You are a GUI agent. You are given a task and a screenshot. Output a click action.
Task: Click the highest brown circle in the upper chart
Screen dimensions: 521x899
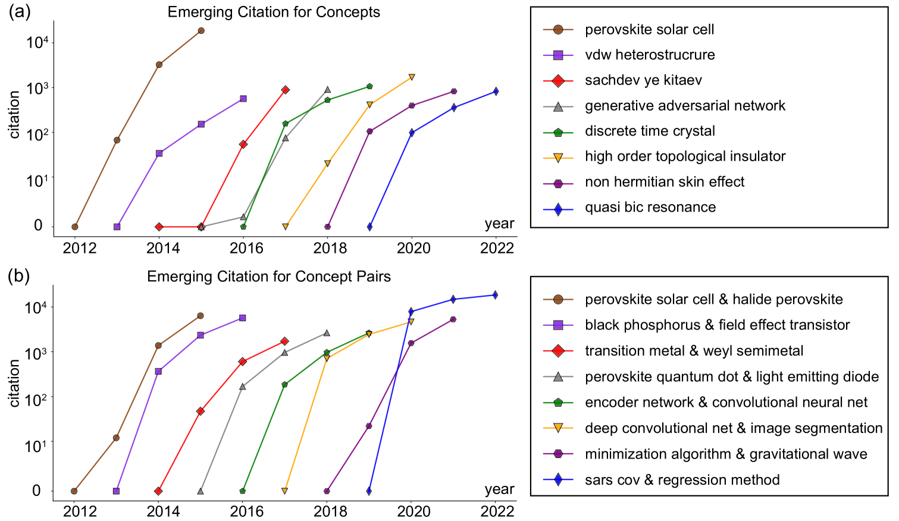point(201,30)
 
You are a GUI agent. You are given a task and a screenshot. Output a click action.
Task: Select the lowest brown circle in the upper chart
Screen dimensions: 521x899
point(75,227)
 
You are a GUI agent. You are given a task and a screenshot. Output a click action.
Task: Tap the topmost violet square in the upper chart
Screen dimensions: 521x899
point(243,99)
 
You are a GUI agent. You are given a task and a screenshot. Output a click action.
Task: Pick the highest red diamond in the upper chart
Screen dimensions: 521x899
point(286,90)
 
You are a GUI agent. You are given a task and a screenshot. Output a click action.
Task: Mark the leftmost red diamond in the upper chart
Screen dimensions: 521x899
point(159,227)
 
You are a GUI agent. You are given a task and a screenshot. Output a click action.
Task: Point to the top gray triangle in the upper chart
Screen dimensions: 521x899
point(327,90)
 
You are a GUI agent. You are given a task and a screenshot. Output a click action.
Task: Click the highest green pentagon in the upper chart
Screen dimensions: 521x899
point(369,86)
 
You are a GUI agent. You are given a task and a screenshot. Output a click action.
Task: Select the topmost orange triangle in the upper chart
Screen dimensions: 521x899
point(412,77)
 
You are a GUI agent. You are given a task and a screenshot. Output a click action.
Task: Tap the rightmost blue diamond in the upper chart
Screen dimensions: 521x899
point(496,92)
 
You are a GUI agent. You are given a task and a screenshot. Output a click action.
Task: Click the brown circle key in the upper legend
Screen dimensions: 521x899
point(558,30)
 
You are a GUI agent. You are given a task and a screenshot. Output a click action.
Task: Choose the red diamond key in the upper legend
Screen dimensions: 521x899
point(558,81)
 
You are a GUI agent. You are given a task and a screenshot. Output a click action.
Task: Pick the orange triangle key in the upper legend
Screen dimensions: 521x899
point(558,158)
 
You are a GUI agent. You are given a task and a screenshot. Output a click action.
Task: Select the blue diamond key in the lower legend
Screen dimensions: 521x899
point(558,479)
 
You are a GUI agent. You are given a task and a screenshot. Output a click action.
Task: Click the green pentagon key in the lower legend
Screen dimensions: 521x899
point(558,403)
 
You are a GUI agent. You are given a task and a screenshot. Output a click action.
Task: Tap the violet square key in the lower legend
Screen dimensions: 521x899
point(558,325)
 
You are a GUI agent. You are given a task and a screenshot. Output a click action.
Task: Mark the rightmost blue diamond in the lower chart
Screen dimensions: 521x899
point(495,295)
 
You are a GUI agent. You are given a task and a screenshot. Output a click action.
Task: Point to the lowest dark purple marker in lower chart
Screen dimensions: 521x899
point(327,491)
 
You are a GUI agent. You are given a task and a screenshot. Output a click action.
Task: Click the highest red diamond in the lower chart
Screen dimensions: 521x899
point(284,341)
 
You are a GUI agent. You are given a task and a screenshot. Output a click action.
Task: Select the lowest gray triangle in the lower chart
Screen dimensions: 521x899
point(201,491)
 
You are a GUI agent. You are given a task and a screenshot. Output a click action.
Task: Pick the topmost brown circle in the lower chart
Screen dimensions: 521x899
point(201,316)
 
